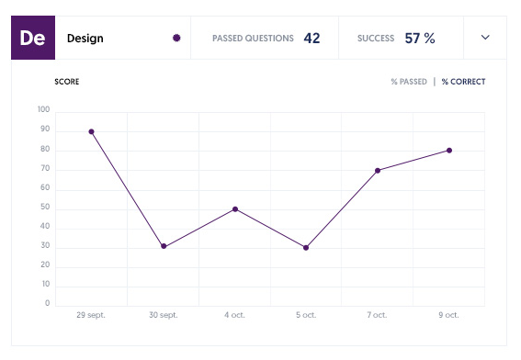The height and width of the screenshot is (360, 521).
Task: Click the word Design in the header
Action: [x=85, y=39]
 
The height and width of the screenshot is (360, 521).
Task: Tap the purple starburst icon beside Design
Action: [x=176, y=39]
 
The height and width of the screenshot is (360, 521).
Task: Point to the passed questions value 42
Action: [x=311, y=39]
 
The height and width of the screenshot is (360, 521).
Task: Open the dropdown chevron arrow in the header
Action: [x=486, y=38]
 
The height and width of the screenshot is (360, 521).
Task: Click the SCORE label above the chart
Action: [x=67, y=82]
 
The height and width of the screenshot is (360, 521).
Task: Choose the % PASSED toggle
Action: [x=409, y=82]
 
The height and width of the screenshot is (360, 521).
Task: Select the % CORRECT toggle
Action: [x=463, y=82]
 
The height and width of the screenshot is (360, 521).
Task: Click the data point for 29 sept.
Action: [x=92, y=131]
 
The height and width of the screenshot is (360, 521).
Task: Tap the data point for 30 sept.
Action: [x=164, y=246]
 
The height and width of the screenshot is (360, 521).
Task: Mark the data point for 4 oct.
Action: [x=235, y=209]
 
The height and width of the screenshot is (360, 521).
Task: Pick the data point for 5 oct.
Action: [x=306, y=248]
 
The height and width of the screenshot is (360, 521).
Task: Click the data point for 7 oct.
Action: [x=378, y=170]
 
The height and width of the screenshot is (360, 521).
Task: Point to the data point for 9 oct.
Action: [x=449, y=151]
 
